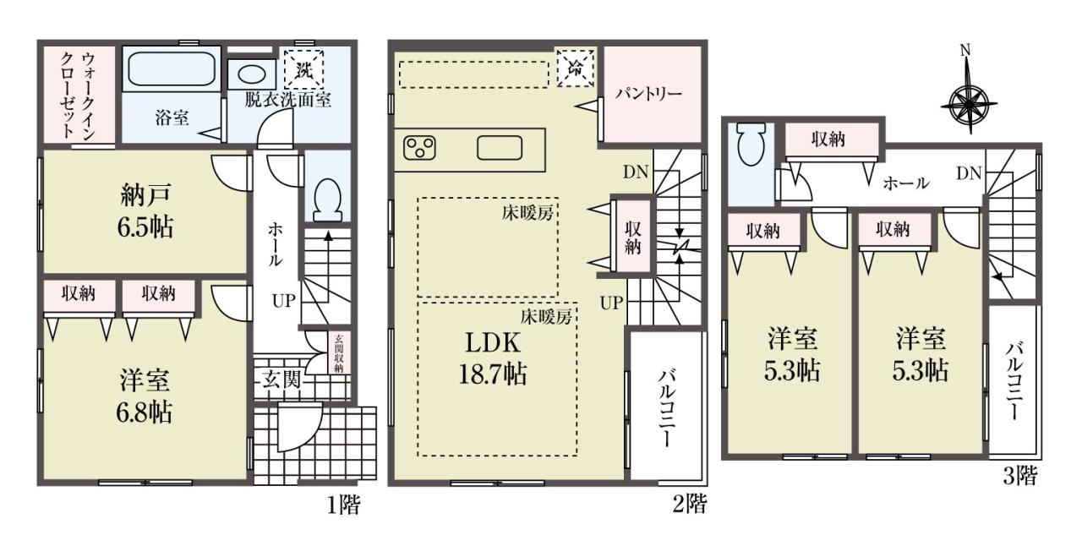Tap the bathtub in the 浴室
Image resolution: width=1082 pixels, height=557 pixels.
coord(172,68)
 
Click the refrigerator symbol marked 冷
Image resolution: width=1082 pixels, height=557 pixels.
coord(576,68)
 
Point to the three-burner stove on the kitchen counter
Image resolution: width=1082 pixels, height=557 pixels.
coord(420,148)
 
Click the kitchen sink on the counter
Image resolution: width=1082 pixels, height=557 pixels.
coord(500,148)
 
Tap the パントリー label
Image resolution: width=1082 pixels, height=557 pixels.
coord(648,93)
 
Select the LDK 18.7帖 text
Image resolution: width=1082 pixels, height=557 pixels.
coord(492,359)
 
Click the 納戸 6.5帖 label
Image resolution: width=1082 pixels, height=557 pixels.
coord(145,211)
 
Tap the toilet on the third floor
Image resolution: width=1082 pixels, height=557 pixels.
coord(751,144)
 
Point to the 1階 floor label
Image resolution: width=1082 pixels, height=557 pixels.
coord(344,505)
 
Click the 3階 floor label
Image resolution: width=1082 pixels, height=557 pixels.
coord(1019,477)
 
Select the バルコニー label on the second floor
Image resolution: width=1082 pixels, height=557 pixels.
coord(666,407)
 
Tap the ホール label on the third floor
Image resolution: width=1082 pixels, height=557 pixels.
coord(906,183)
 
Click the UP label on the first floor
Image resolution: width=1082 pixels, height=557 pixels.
coord(283,301)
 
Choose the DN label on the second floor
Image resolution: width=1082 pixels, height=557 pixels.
coord(635,172)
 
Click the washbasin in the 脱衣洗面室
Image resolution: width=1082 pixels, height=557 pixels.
coord(251,75)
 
